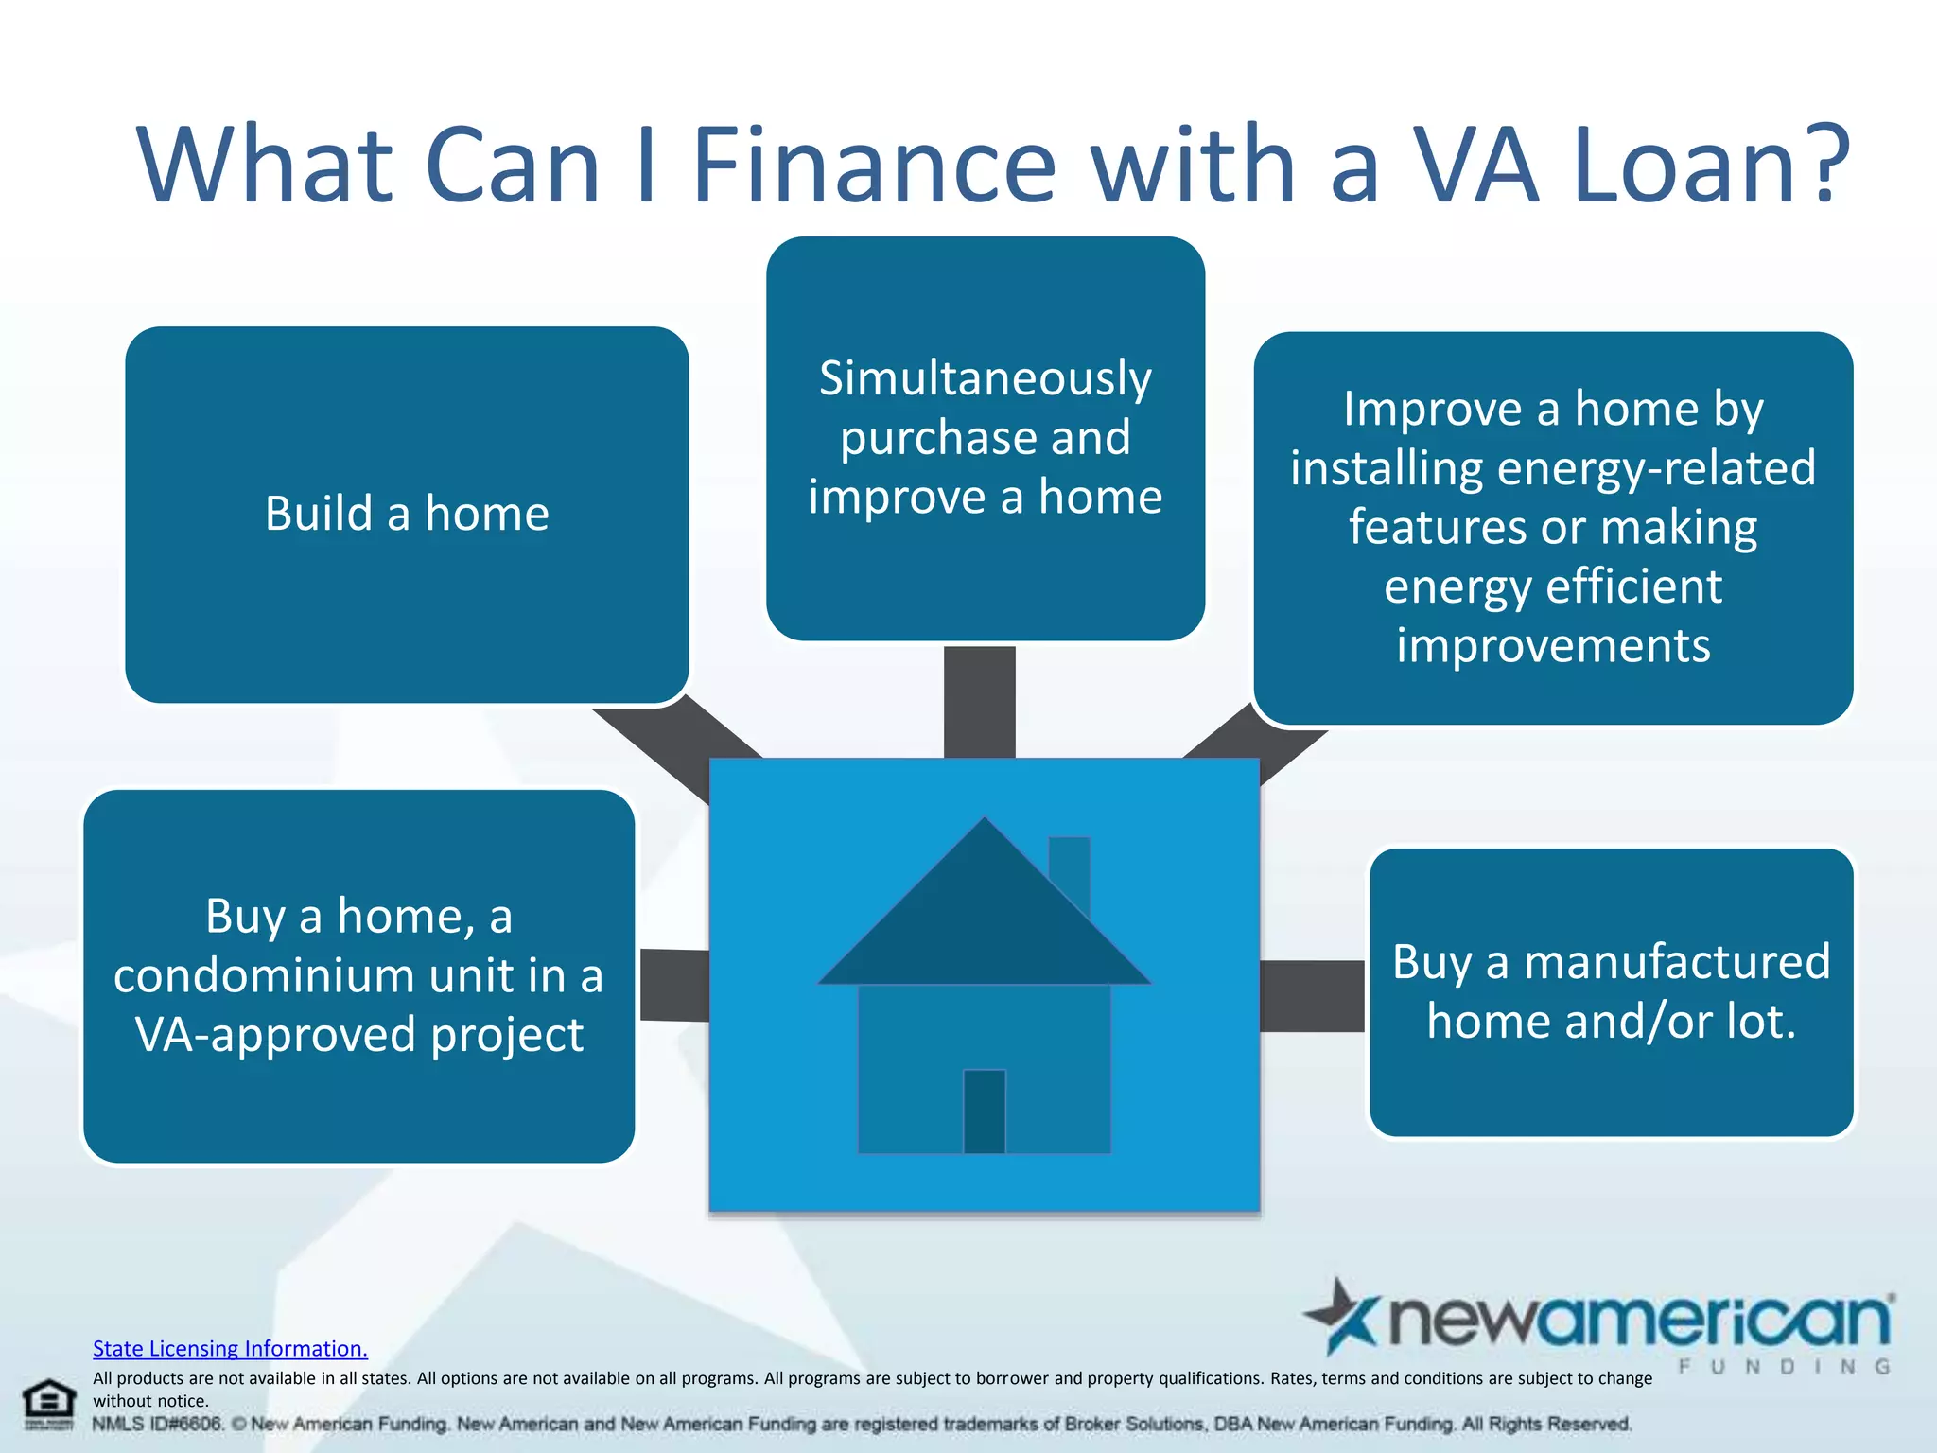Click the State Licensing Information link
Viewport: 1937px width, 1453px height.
(230, 1348)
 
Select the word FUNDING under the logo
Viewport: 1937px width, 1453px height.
(1784, 1367)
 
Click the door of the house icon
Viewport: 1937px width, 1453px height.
(984, 1111)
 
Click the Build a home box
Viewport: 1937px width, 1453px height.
(407, 514)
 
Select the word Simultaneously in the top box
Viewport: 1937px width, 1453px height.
(985, 378)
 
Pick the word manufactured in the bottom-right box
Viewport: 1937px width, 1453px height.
(1677, 962)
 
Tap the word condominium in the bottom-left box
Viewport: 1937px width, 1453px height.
(264, 975)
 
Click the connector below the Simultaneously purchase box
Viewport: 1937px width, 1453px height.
(979, 701)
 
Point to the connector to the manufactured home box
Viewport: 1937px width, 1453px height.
(1312, 995)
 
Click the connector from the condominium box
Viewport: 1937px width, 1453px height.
(674, 985)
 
